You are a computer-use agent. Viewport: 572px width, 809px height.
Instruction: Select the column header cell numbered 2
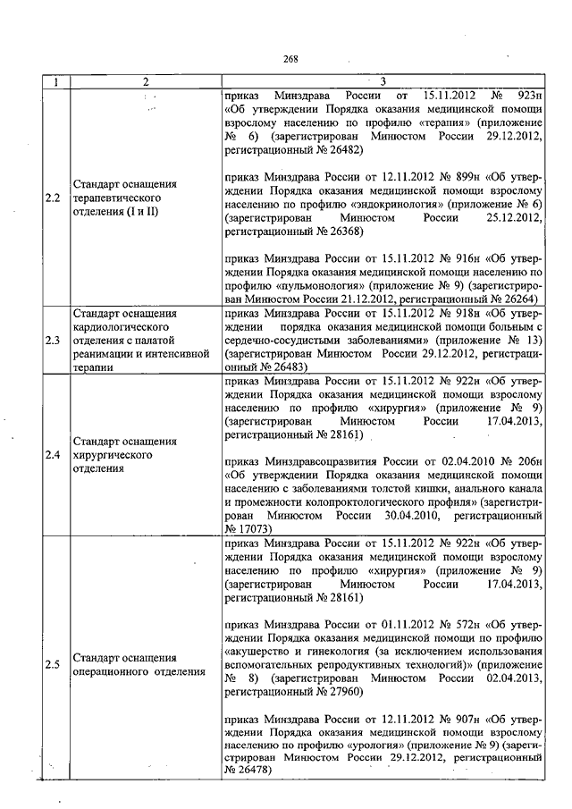pyautogui.click(x=145, y=82)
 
